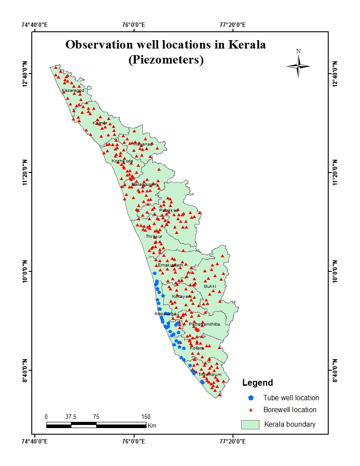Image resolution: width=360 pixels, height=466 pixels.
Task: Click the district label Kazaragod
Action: (x=73, y=90)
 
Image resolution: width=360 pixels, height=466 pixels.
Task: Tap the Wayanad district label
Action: (x=142, y=144)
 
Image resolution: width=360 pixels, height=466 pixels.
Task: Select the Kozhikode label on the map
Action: (x=122, y=161)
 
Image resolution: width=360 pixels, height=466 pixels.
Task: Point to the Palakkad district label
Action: (x=169, y=210)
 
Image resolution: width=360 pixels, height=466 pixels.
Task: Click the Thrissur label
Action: (x=154, y=237)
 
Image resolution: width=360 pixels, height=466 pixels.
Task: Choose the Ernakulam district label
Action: (x=170, y=265)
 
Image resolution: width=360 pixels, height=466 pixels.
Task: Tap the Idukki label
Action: (x=210, y=286)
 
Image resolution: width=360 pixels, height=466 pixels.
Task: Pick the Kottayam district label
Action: (x=182, y=296)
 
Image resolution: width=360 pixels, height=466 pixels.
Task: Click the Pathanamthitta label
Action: (x=204, y=324)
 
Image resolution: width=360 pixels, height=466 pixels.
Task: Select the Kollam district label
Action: (x=196, y=348)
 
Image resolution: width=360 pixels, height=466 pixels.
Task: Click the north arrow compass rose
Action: (x=298, y=65)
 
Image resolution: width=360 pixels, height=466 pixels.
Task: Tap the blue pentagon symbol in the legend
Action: (x=251, y=398)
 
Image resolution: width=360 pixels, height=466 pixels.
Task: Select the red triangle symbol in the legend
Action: (x=251, y=410)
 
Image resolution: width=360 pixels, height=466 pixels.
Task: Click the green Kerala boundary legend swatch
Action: (x=250, y=425)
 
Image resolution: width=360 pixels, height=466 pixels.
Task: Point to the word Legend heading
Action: (x=257, y=383)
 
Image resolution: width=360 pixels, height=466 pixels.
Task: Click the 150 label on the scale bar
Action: (x=146, y=417)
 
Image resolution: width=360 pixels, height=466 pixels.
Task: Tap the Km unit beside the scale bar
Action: (x=152, y=426)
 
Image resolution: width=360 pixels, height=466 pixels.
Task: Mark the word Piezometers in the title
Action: (x=166, y=60)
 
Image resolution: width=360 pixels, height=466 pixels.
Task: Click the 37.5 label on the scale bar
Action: (x=71, y=417)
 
